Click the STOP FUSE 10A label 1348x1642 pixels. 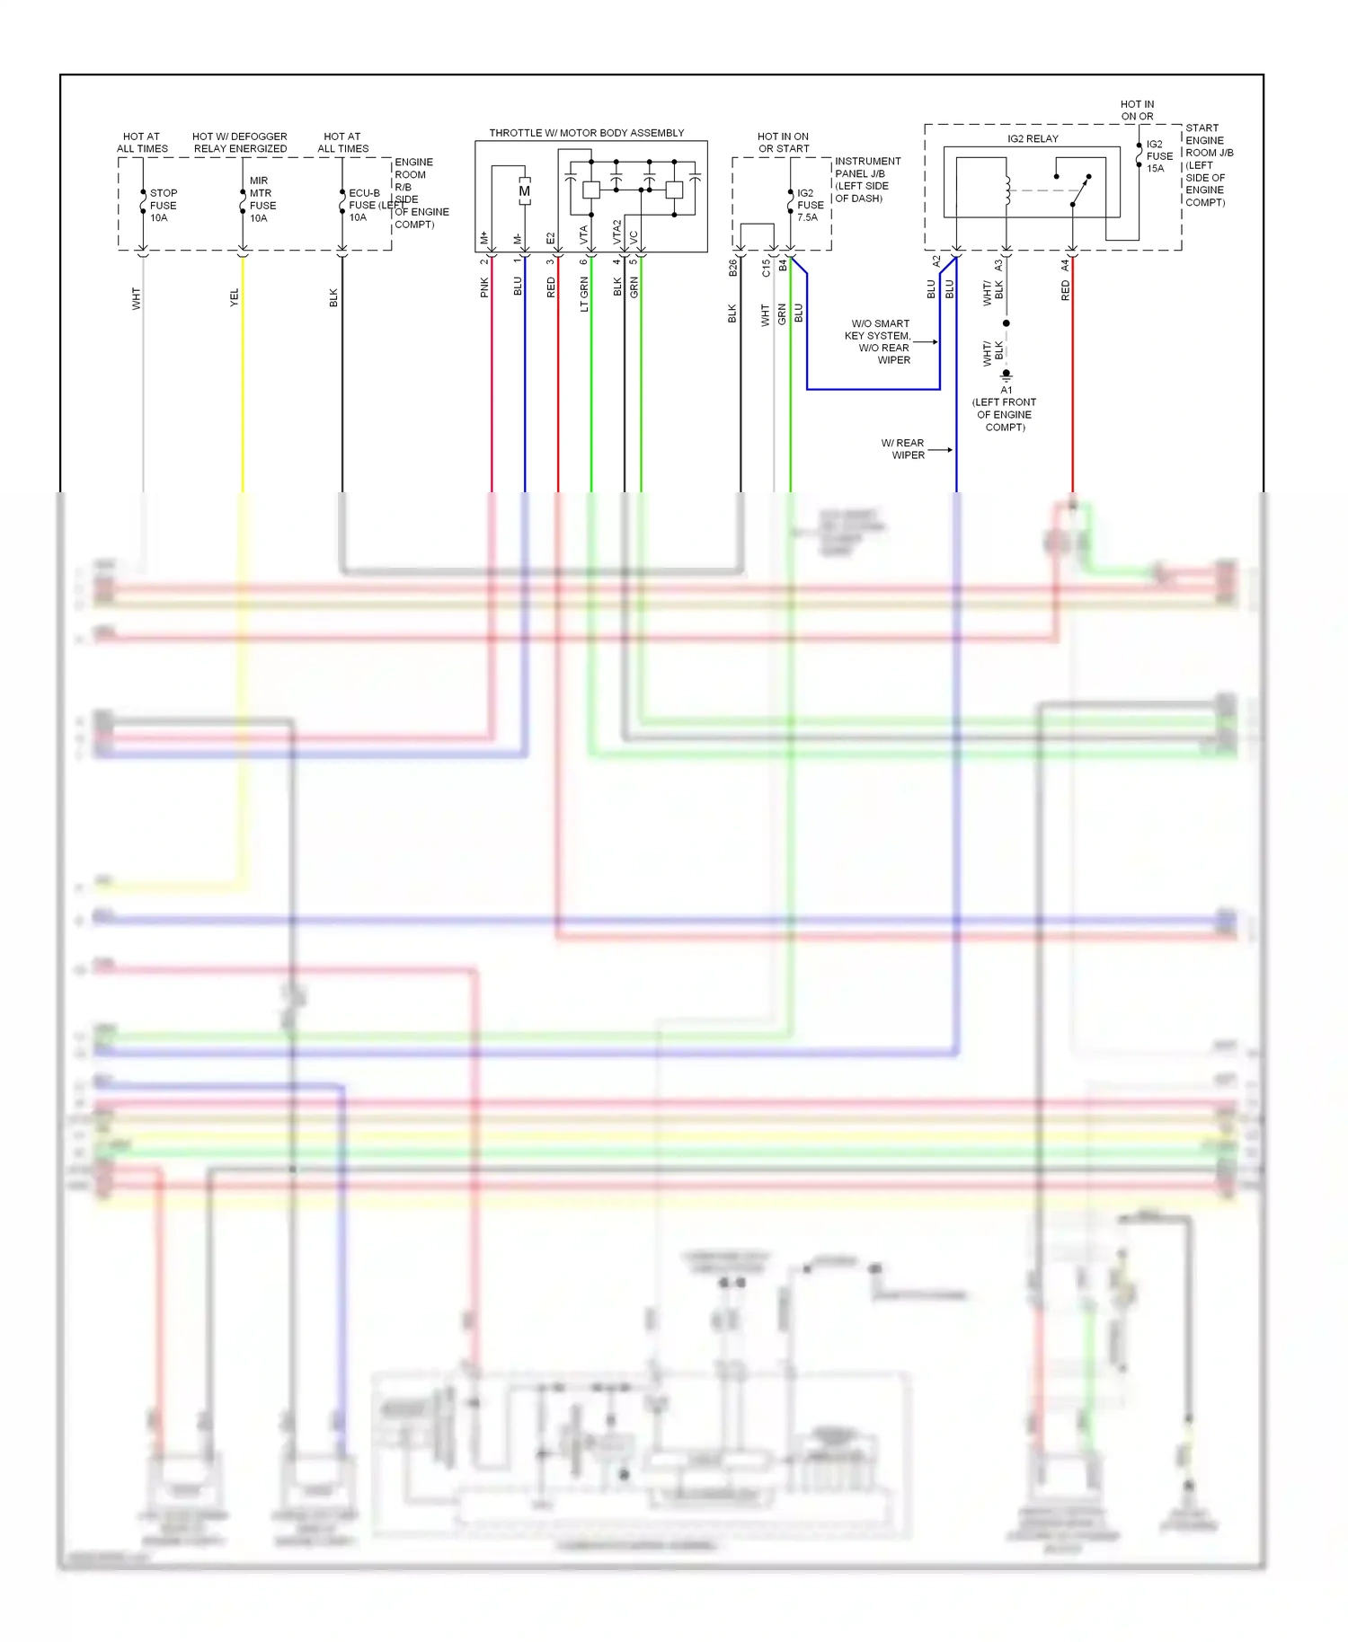163,205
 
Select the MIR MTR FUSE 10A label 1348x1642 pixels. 262,199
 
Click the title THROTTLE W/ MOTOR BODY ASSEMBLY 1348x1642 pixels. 586,133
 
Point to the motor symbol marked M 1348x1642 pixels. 524,191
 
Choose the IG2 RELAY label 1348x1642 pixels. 1033,138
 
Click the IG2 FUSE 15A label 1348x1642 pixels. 1158,156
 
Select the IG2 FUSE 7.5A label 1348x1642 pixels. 810,205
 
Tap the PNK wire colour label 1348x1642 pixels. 484,287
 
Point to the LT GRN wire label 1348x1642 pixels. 584,294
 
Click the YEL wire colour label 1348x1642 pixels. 235,297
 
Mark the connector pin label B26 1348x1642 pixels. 732,267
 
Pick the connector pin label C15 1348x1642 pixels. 766,268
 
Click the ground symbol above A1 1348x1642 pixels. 1007,374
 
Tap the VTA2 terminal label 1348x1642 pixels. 617,232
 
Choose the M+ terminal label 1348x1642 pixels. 484,238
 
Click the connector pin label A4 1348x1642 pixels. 1065,265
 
